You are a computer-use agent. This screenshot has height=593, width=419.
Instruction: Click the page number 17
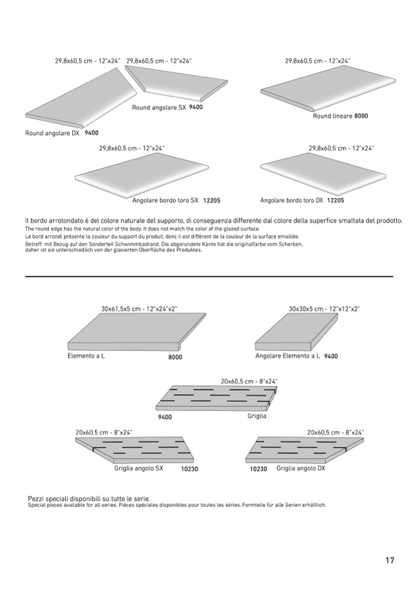[389, 561]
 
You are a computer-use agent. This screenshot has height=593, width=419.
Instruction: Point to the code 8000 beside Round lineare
[362, 116]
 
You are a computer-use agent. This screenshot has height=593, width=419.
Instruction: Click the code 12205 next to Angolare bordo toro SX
[211, 200]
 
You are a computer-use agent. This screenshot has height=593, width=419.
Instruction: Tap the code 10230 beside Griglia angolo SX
[189, 469]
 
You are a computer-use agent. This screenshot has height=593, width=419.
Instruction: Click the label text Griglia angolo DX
[300, 469]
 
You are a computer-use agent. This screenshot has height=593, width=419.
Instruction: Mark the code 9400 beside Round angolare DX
[91, 133]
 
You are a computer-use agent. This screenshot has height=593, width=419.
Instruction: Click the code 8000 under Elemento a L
[176, 357]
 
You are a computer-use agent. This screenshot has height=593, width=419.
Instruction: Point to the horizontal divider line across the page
[209, 276]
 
